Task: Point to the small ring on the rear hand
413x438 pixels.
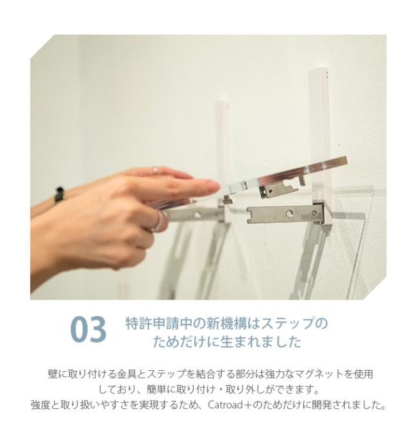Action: point(155,170)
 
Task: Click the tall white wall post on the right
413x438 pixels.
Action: point(319,110)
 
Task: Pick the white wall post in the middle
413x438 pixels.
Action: point(223,129)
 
